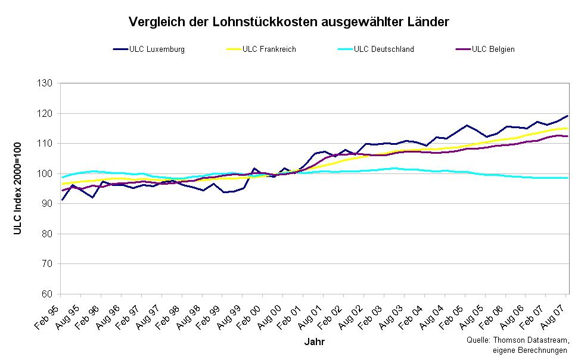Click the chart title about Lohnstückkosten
pos(288,22)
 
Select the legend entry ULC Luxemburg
pos(157,49)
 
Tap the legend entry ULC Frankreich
pos(269,49)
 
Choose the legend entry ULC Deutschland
pos(383,49)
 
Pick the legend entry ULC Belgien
pos(493,49)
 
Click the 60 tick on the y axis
pos(48,294)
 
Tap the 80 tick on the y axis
pos(48,234)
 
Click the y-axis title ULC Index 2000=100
pos(17,188)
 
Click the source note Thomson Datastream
pos(518,340)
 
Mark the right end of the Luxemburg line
pos(567,116)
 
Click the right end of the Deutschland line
pos(567,178)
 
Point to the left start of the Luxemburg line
pos(61,200)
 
